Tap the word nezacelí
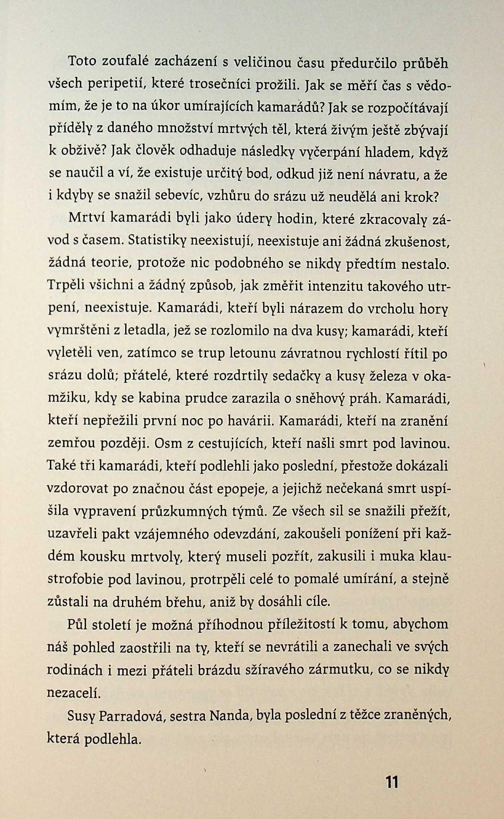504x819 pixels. pos(73,692)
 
